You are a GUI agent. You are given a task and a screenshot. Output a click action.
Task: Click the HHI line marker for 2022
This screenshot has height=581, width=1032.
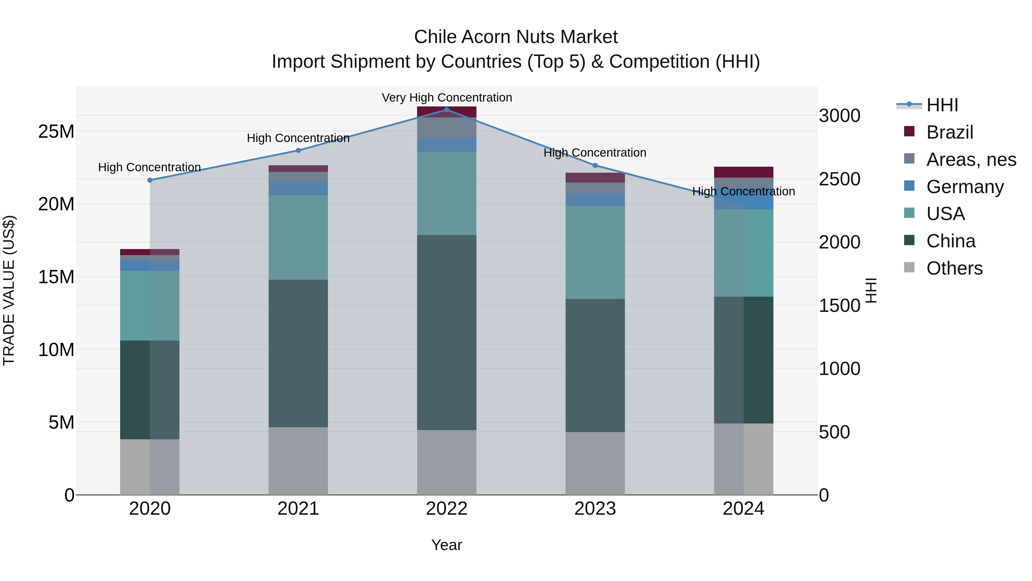(447, 110)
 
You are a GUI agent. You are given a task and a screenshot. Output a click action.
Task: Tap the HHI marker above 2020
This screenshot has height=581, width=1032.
(150, 180)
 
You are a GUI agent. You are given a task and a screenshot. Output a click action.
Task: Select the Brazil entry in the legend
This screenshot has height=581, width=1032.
(949, 132)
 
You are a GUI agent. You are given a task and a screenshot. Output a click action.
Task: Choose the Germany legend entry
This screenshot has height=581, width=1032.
(965, 186)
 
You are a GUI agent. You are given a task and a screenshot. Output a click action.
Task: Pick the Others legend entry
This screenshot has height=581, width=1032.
(954, 268)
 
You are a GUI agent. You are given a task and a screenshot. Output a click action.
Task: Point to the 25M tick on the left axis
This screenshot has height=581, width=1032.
(56, 131)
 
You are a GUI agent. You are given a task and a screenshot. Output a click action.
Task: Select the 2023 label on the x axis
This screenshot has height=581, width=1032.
(595, 508)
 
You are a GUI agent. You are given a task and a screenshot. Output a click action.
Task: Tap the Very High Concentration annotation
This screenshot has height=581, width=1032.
(447, 98)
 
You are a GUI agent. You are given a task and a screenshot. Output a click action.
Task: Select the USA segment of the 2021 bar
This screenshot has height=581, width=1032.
(298, 237)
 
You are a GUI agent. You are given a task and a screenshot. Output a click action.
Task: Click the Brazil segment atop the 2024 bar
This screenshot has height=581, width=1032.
(744, 172)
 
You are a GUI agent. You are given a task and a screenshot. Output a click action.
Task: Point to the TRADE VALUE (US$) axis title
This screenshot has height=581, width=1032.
(9, 290)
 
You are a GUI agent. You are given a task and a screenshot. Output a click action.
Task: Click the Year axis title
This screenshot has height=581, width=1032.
(447, 545)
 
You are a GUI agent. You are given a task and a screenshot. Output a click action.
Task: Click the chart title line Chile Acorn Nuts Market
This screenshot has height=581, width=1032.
(516, 37)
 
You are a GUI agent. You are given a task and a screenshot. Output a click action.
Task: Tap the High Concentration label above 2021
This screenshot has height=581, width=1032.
(298, 138)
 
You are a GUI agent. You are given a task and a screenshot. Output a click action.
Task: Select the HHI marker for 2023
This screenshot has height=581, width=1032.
(595, 165)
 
